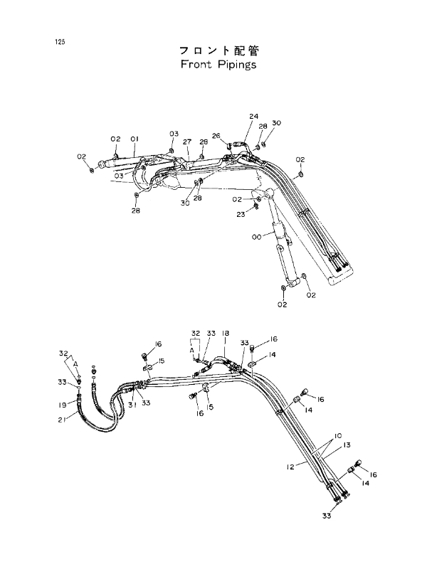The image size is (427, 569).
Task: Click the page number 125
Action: (60, 42)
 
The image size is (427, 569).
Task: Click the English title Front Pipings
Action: (218, 65)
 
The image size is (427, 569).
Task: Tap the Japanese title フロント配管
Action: (219, 50)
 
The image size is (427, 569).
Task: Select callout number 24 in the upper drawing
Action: (253, 117)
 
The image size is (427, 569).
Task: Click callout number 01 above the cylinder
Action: (135, 139)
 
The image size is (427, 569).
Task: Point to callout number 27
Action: (187, 142)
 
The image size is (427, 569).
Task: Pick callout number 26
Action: (216, 136)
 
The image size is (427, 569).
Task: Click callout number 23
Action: (241, 215)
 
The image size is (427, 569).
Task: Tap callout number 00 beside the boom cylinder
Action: (256, 237)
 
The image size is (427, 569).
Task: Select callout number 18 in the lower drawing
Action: (225, 333)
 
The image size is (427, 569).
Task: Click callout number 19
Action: (63, 405)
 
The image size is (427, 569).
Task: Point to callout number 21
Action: (61, 420)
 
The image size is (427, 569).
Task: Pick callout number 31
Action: (132, 405)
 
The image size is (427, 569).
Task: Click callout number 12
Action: (290, 467)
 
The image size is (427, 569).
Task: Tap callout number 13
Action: (347, 445)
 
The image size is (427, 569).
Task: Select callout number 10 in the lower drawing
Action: (337, 435)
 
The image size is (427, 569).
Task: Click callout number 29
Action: (204, 142)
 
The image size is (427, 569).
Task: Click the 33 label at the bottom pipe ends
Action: (327, 515)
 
